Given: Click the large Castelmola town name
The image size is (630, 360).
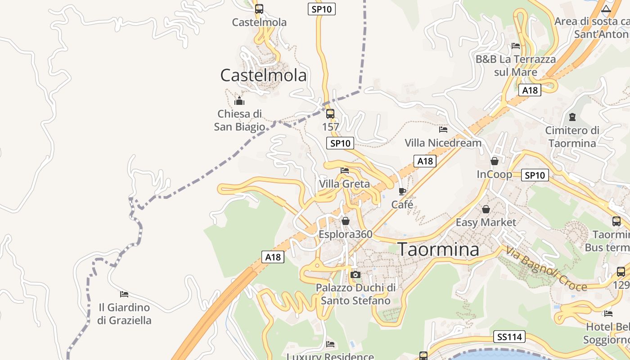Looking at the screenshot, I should click(x=263, y=75).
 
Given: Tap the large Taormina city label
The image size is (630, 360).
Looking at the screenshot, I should click(x=439, y=249).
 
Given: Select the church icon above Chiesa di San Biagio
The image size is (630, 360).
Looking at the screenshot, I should click(x=239, y=101).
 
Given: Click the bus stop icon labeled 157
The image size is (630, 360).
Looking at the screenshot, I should click(x=330, y=113).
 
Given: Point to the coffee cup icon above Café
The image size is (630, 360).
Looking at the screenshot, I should click(x=402, y=191).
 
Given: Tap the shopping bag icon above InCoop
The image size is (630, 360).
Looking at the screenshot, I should click(x=495, y=161).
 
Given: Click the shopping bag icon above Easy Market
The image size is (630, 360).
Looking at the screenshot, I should click(x=486, y=209).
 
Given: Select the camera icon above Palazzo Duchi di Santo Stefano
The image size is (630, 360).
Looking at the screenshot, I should click(x=355, y=274).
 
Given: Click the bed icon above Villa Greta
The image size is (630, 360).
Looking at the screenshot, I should click(x=345, y=171).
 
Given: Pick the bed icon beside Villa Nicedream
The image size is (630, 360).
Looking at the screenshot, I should click(x=443, y=130).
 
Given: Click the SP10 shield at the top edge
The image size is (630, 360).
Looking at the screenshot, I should click(x=322, y=9).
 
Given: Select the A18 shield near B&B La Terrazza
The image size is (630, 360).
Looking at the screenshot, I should click(x=530, y=90).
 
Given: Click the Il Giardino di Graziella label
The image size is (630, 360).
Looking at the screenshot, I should click(x=124, y=314).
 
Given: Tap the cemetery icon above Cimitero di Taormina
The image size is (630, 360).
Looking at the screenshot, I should click(x=572, y=117).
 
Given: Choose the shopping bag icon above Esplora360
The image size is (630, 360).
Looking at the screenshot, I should click(x=346, y=221).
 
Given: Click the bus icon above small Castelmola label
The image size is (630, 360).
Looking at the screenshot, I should click(x=259, y=9).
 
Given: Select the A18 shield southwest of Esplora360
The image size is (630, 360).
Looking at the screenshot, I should click(x=273, y=257).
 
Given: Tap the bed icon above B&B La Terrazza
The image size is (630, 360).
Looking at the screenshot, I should click(x=516, y=46).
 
